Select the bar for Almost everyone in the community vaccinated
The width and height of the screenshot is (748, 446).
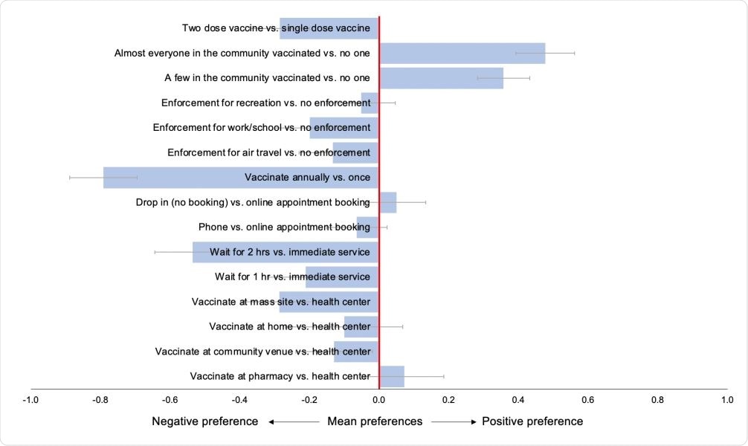click(462, 54)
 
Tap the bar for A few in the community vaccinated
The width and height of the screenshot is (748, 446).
click(441, 78)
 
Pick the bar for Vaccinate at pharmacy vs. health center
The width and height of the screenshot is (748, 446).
click(392, 376)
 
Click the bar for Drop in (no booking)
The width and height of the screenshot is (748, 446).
click(388, 202)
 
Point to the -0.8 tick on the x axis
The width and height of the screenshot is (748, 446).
click(100, 400)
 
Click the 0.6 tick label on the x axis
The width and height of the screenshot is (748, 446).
click(587, 400)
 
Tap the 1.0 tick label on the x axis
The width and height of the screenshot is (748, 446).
click(727, 400)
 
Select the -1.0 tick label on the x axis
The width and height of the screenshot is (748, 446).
click(30, 400)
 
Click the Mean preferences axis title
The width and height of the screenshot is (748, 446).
click(375, 421)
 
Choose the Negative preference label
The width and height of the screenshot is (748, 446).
click(204, 421)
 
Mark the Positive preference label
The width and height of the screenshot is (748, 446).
click(532, 421)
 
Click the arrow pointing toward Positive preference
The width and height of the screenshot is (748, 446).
click(453, 421)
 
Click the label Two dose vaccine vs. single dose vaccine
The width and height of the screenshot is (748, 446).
click(276, 28)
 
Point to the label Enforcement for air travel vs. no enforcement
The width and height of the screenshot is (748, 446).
click(268, 152)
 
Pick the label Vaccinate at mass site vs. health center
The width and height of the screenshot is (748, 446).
click(280, 302)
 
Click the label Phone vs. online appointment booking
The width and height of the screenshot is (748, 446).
click(284, 227)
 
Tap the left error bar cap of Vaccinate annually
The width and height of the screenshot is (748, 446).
click(69, 178)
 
